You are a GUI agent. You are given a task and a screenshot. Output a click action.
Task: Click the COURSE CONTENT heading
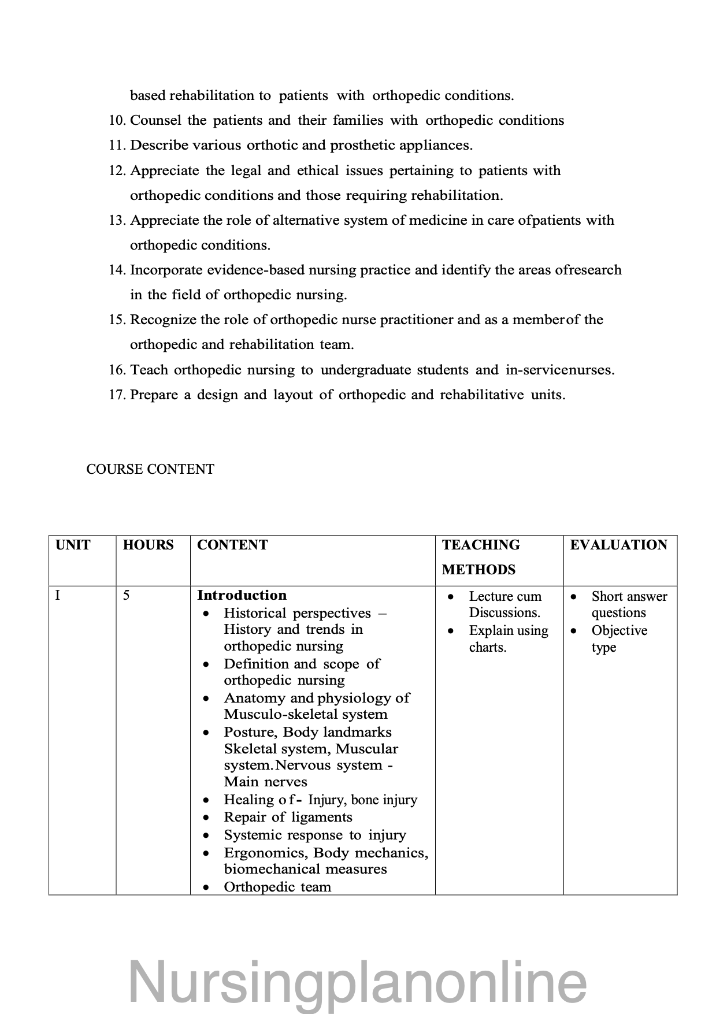coord(150,469)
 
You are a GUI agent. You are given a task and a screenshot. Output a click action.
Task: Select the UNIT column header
coord(73,545)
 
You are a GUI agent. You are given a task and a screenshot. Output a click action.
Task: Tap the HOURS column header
coord(148,545)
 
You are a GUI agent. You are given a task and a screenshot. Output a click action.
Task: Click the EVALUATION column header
coord(618,545)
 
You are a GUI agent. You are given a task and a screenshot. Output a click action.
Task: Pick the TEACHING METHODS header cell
coord(480,557)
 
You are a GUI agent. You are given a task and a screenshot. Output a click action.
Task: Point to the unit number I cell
coord(57,595)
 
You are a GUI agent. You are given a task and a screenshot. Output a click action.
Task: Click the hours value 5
coord(126,595)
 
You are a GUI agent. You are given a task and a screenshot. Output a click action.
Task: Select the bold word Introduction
coord(242,595)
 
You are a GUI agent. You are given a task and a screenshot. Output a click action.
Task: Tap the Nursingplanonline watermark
coord(357,982)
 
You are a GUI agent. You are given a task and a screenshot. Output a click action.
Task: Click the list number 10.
coord(117,120)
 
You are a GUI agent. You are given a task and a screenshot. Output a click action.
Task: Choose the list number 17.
coord(117,395)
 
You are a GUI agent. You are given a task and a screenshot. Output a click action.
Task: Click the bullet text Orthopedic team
coord(277,887)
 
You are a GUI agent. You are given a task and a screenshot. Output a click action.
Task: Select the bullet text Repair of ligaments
coord(288,817)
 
